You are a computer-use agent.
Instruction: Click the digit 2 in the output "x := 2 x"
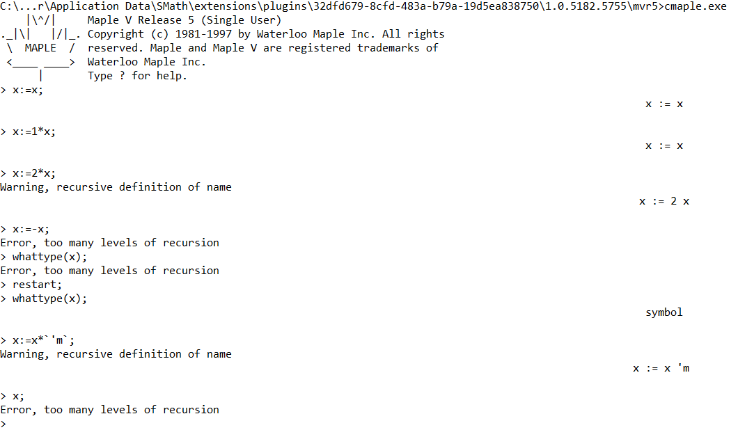click(673, 201)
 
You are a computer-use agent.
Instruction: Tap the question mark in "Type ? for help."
click(123, 76)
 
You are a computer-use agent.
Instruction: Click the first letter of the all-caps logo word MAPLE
click(29, 48)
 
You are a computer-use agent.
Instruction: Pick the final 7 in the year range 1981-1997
click(228, 34)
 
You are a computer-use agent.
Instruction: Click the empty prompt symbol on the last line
click(3, 424)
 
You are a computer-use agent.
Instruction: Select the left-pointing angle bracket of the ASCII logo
click(10, 62)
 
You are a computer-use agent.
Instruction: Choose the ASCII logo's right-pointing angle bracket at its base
click(72, 62)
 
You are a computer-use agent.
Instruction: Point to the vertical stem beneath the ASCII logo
click(41, 76)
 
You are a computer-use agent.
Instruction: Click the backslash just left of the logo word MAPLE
click(10, 48)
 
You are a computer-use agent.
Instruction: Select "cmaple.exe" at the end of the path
click(695, 6)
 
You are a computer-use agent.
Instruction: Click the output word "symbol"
click(664, 312)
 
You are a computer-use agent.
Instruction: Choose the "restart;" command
click(37, 285)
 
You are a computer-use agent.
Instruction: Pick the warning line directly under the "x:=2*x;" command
click(116, 187)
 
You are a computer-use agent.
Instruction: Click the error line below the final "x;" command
click(110, 410)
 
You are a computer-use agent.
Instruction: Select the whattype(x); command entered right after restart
click(50, 298)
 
